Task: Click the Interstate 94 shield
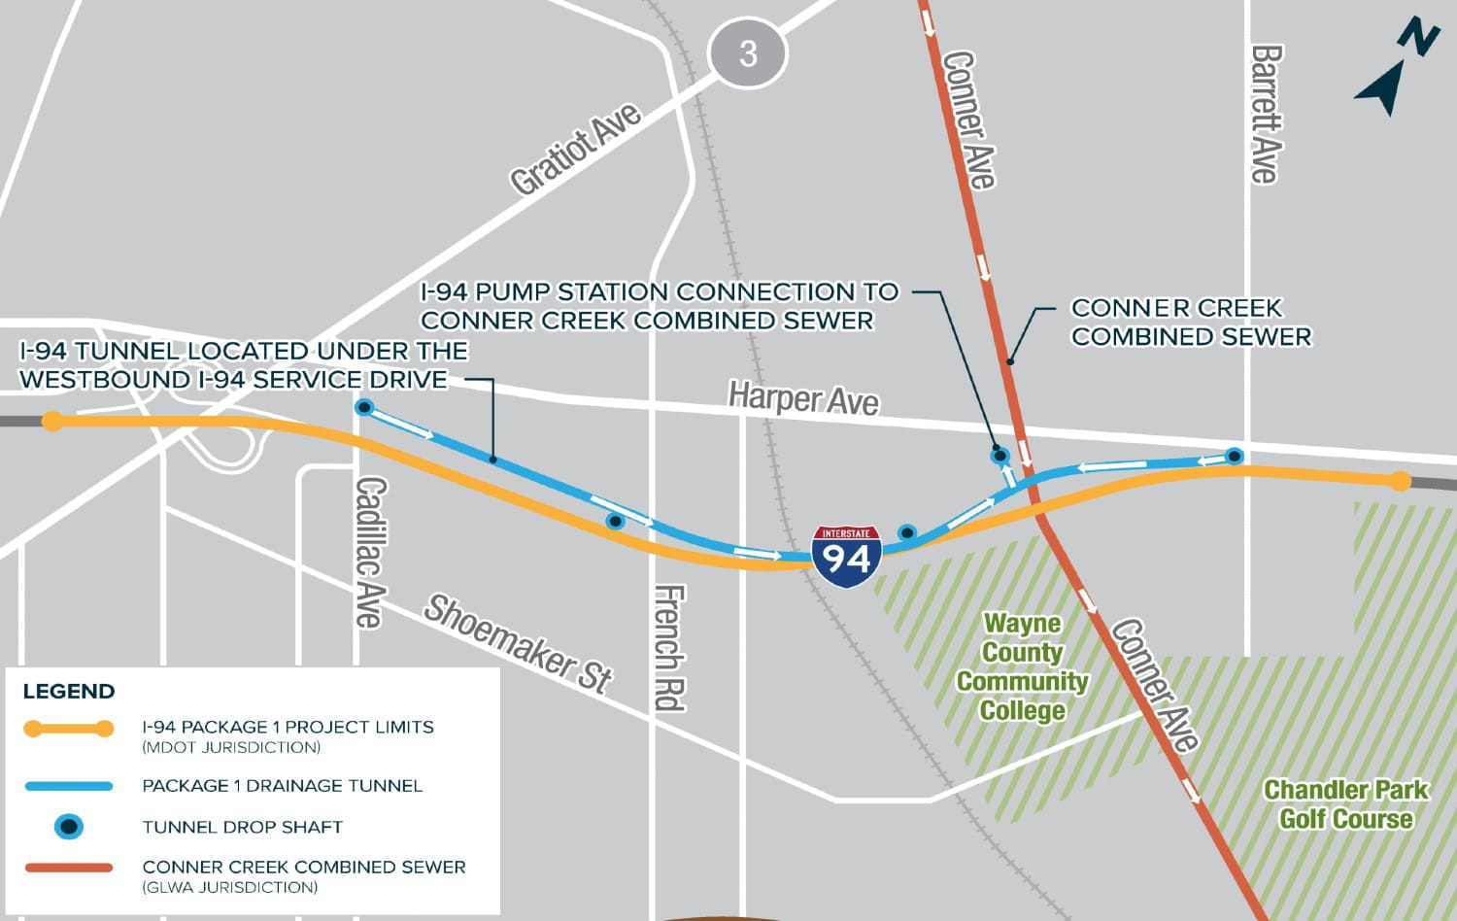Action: [x=846, y=557]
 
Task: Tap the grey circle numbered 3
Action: [x=747, y=52]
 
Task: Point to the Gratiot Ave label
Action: [x=575, y=149]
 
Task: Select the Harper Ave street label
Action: [x=803, y=398]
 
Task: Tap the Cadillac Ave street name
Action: [x=370, y=551]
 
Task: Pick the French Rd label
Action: [x=669, y=647]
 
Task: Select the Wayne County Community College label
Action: [x=1022, y=666]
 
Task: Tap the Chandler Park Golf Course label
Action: [x=1345, y=804]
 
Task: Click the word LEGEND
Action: [x=69, y=692]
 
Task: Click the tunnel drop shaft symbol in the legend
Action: [x=68, y=827]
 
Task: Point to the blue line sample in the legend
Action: [x=68, y=786]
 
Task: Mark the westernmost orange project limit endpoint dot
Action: [x=52, y=421]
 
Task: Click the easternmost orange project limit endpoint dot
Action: [x=1399, y=480]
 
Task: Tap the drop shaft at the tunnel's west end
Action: [x=363, y=407]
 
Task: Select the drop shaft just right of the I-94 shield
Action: [x=906, y=532]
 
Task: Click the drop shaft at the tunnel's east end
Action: [x=1234, y=456]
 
